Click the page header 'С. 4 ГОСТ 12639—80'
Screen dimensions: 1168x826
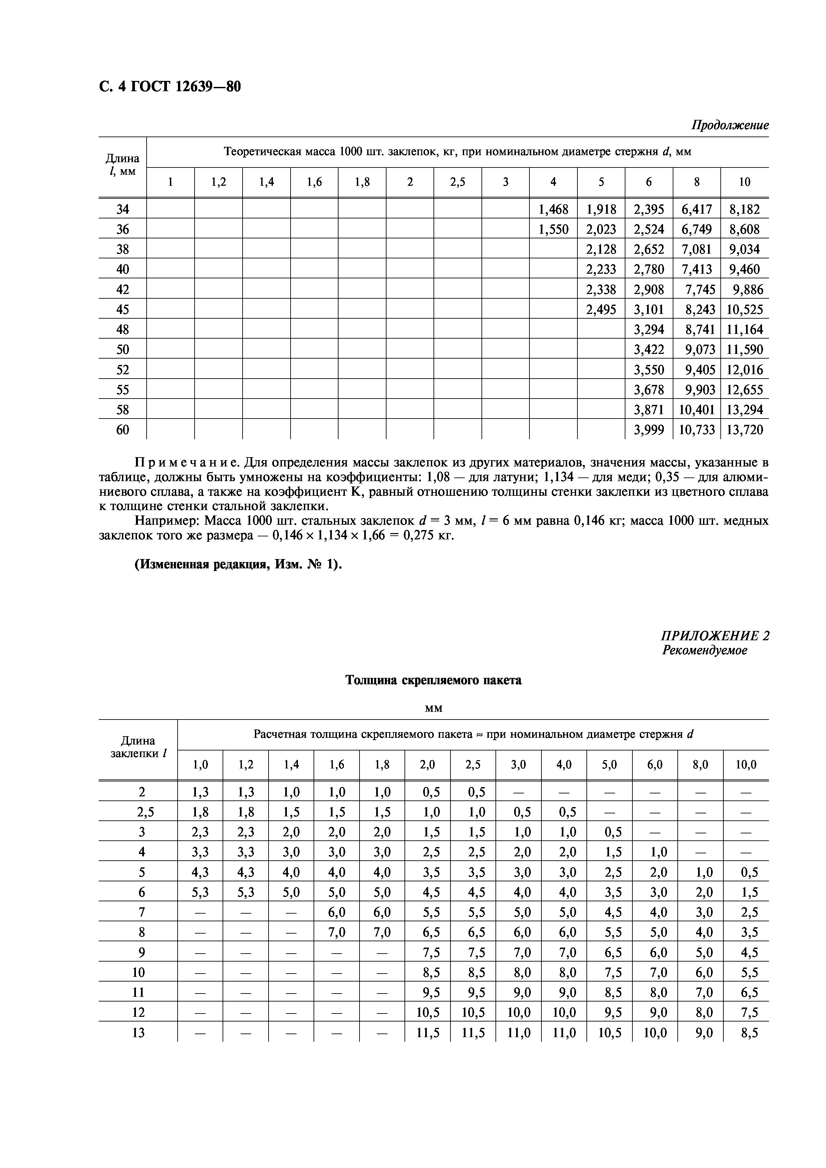pyautogui.click(x=170, y=87)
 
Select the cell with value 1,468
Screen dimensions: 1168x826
pyautogui.click(x=553, y=209)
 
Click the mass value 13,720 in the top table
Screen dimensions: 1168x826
pyautogui.click(x=745, y=430)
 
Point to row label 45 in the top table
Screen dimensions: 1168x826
pyautogui.click(x=123, y=309)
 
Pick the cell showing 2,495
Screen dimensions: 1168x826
pyautogui.click(x=601, y=309)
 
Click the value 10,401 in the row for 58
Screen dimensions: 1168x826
pyautogui.click(x=697, y=410)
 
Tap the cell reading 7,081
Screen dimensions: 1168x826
pyautogui.click(x=697, y=249)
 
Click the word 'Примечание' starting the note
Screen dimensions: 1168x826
pyautogui.click(x=187, y=462)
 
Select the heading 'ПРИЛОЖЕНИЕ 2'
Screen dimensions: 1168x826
pyautogui.click(x=714, y=636)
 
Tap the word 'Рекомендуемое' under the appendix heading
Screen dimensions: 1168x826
pyautogui.click(x=704, y=650)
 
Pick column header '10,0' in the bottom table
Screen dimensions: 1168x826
pyautogui.click(x=746, y=764)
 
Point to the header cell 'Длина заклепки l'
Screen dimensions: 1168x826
pyautogui.click(x=138, y=747)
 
